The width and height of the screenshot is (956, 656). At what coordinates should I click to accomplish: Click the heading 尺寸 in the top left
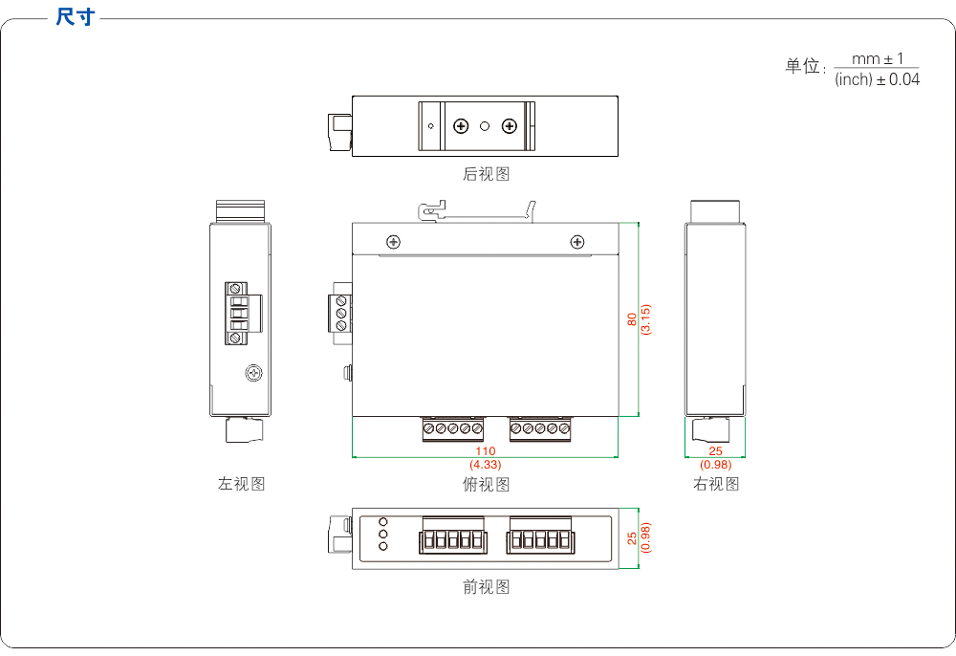pyautogui.click(x=75, y=17)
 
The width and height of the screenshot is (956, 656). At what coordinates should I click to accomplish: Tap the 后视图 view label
pyautogui.click(x=486, y=174)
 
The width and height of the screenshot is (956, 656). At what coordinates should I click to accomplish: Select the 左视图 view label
pyautogui.click(x=241, y=484)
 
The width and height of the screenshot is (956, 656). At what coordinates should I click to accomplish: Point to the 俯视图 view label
pyautogui.click(x=486, y=485)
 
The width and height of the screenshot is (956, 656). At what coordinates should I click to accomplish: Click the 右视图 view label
pyautogui.click(x=716, y=484)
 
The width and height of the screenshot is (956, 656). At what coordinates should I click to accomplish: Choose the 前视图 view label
pyautogui.click(x=486, y=587)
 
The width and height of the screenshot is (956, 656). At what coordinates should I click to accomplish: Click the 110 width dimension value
pyautogui.click(x=486, y=450)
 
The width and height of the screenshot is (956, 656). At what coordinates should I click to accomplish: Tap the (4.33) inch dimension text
pyautogui.click(x=486, y=464)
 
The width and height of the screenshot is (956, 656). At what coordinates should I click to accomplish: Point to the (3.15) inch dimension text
pyautogui.click(x=645, y=319)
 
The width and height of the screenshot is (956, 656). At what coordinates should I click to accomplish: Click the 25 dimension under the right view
pyautogui.click(x=716, y=450)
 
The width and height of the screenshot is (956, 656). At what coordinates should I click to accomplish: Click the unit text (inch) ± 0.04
pyautogui.click(x=877, y=80)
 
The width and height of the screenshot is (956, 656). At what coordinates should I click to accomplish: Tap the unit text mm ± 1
pyautogui.click(x=877, y=59)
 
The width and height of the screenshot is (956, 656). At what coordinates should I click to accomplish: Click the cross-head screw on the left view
pyautogui.click(x=253, y=373)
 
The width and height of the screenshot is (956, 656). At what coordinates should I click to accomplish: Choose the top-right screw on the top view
pyautogui.click(x=576, y=242)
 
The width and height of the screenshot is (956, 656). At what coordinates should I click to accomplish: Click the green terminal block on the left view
pyautogui.click(x=238, y=313)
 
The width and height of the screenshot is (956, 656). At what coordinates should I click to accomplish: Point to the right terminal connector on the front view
pyautogui.click(x=541, y=540)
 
